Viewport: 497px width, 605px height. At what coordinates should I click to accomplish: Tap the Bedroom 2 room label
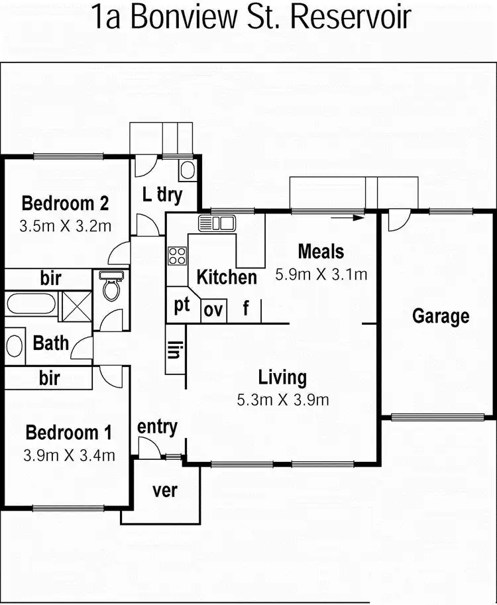[65, 203]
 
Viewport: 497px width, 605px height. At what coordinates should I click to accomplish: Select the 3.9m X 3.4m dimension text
[70, 455]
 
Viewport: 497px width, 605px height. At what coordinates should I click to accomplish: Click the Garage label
[441, 316]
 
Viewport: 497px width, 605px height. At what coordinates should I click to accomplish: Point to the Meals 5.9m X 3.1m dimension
[321, 273]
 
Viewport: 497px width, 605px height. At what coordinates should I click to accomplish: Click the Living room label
[282, 378]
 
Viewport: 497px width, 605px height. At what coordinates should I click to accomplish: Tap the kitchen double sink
[217, 223]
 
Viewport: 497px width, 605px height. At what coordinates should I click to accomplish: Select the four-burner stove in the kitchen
[177, 256]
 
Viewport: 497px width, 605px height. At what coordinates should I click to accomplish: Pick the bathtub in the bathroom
[30, 306]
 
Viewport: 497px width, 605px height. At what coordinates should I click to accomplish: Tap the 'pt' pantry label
[182, 306]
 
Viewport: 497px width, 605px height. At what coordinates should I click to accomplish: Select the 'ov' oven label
[213, 309]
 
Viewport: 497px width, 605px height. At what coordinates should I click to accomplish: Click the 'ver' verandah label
[165, 492]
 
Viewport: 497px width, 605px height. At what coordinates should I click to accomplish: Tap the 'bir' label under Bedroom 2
[50, 278]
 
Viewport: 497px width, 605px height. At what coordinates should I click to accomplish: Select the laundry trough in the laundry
[187, 170]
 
